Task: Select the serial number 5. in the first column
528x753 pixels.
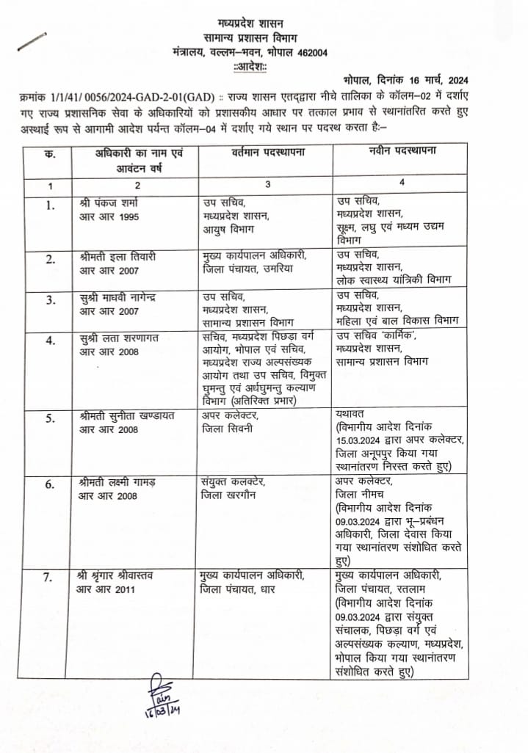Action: (x=48, y=419)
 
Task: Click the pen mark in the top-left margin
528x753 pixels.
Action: (x=32, y=40)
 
